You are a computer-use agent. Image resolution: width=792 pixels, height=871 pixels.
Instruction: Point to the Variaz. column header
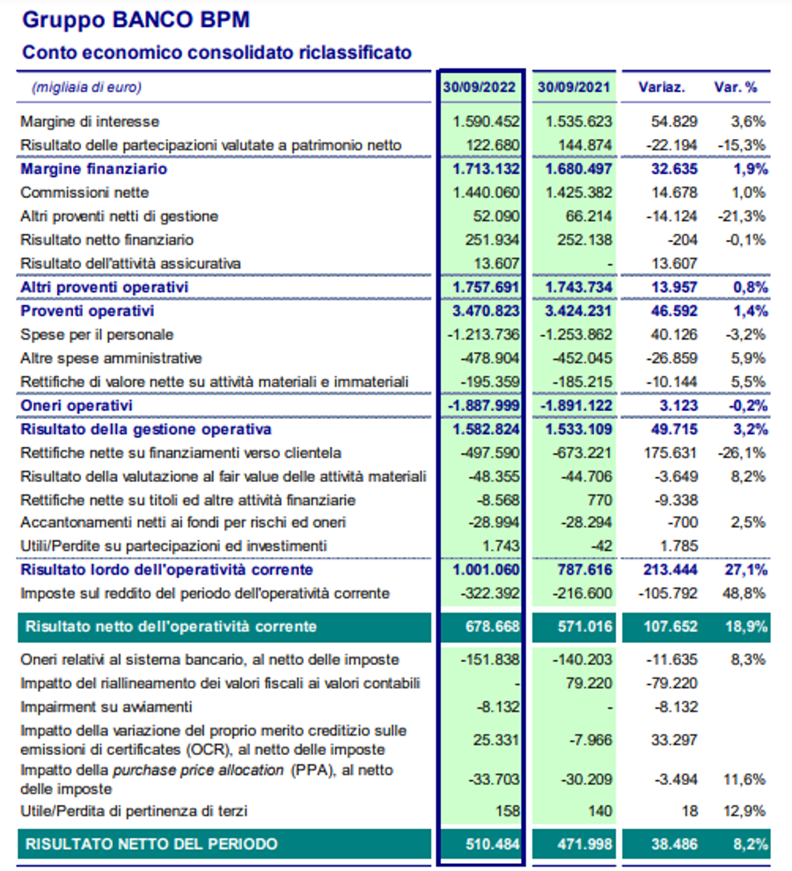coord(662,88)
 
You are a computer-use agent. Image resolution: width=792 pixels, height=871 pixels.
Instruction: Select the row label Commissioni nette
coord(84,192)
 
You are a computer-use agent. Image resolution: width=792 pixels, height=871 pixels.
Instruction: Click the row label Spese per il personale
coord(97,334)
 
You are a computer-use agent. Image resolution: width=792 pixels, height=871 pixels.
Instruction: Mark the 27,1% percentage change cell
coord(748,570)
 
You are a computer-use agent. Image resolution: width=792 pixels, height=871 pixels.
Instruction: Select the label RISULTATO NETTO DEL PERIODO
coord(151,845)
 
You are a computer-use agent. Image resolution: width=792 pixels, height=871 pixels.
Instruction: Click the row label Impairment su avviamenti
coord(106,706)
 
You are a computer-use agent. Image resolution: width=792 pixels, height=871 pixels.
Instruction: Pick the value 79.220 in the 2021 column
coord(589,683)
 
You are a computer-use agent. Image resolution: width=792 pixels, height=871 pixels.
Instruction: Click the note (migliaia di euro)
coord(86,88)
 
